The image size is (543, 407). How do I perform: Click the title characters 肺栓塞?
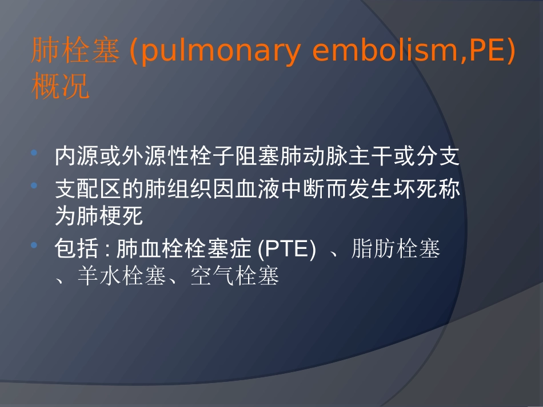(75, 53)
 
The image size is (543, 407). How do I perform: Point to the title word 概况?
(61, 87)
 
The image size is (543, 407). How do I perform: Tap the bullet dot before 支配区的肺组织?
(35, 186)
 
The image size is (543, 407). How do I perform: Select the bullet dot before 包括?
(35, 246)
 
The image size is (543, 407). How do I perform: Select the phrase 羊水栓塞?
(122, 277)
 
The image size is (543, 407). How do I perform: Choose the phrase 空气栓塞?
(234, 277)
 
